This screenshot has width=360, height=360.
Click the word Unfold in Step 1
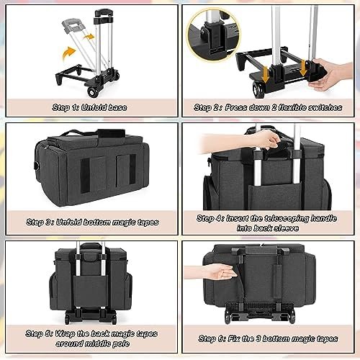click(92, 107)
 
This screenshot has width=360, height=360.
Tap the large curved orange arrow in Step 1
click(68, 53)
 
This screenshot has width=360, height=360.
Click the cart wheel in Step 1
click(92, 92)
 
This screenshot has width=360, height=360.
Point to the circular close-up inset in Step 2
click(213, 35)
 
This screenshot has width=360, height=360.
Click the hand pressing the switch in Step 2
click(333, 73)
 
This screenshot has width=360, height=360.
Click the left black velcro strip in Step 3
click(85, 175)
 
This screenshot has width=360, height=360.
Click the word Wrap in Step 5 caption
click(65, 333)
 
